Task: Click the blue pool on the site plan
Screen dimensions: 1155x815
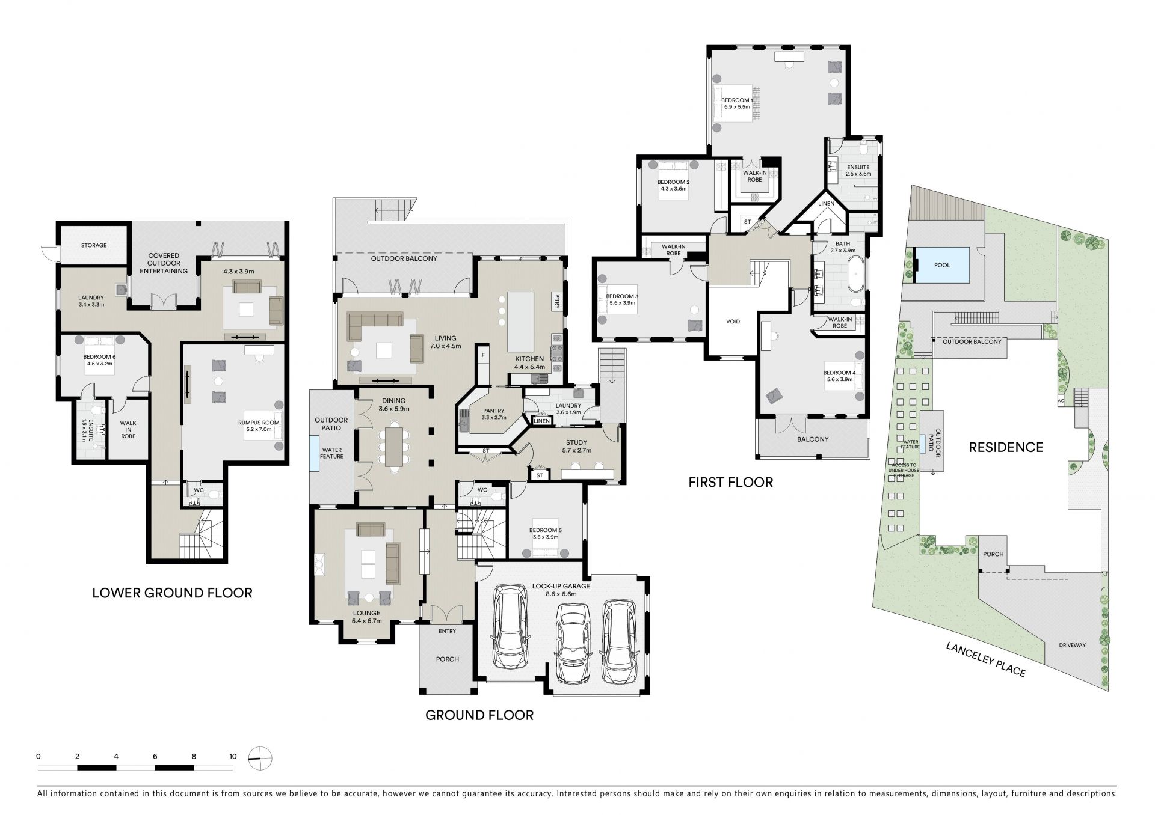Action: (942, 265)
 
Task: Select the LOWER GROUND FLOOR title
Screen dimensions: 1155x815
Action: (172, 593)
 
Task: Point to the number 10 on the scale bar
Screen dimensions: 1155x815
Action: (233, 756)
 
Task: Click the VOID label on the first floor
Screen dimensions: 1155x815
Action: (733, 322)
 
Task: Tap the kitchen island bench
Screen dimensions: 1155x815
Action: (520, 322)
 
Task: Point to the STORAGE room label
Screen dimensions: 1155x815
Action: (94, 245)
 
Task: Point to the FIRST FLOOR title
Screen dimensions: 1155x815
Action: (731, 482)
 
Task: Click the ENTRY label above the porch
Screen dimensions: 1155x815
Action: (447, 631)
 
